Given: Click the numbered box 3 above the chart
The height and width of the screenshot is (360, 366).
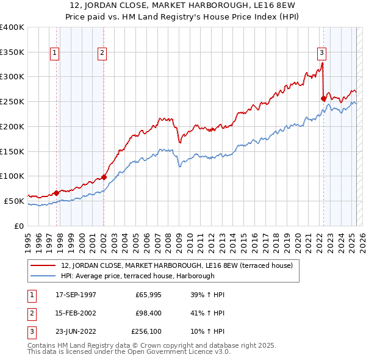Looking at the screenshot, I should (321, 52).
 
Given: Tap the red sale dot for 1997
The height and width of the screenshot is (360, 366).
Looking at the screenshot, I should (57, 193).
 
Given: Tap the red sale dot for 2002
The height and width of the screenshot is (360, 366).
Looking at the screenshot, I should (104, 177).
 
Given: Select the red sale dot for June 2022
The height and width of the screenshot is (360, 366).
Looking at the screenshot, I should (323, 98).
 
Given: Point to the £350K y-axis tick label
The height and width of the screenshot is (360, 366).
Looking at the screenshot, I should (12, 52).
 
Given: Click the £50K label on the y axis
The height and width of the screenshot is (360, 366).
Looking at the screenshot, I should (15, 201).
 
